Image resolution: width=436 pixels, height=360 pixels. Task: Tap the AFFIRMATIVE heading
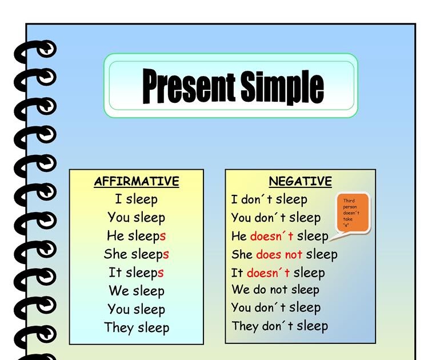point(137,182)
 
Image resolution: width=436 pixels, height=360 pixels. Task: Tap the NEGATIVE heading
point(300,182)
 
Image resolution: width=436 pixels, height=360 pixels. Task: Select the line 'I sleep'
point(136,199)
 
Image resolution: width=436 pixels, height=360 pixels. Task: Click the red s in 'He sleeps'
point(163,236)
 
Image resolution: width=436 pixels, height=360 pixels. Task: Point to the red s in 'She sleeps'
point(166,254)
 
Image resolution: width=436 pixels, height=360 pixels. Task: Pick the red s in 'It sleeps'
point(161,273)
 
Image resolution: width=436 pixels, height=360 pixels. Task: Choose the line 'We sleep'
point(137,291)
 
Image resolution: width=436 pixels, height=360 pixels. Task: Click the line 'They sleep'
point(137,328)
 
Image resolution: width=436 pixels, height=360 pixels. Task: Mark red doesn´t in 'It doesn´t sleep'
point(269,273)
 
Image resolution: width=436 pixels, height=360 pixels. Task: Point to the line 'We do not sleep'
point(275,290)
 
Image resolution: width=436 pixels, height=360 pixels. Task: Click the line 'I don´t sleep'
point(269,199)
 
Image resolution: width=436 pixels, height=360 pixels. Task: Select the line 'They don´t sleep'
point(279,326)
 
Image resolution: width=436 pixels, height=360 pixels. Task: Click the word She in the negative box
point(242,254)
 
